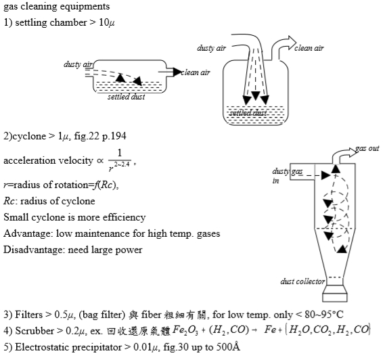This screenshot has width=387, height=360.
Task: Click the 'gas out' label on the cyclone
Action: tap(367, 148)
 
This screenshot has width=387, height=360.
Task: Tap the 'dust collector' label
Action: tap(302, 282)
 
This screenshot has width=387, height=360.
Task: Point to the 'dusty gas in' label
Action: tap(288, 176)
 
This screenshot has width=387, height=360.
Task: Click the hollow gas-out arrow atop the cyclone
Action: tap(344, 156)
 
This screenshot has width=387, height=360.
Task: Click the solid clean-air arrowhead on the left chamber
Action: tap(177, 72)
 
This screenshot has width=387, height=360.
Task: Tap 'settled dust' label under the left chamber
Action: tap(126, 97)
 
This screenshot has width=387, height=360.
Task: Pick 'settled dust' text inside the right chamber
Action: tap(248, 113)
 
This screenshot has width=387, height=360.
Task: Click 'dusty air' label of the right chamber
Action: tap(211, 48)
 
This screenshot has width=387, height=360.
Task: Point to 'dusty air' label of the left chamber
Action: tap(78, 64)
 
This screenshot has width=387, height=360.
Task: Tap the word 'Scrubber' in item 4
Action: tap(35, 331)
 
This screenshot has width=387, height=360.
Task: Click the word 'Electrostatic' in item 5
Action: tap(42, 347)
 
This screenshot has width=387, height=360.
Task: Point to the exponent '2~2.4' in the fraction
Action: tap(122, 164)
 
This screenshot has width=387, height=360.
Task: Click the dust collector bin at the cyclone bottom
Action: tap(335, 293)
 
